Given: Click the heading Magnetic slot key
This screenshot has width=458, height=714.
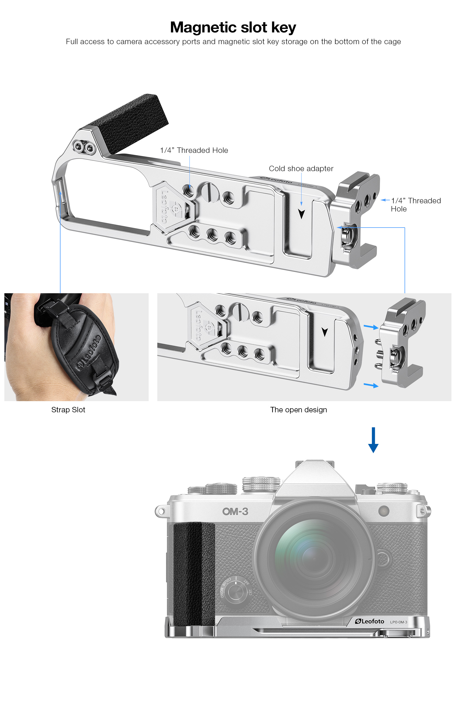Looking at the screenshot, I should click(x=233, y=27).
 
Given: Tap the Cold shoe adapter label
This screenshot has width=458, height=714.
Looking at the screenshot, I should click(x=301, y=168).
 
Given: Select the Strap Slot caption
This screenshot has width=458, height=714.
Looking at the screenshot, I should click(x=68, y=410).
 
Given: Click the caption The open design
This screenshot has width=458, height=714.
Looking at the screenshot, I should click(x=298, y=410).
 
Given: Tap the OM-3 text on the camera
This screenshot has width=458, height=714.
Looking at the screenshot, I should click(x=235, y=512).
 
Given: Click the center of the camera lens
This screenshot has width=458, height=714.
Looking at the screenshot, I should click(x=314, y=559).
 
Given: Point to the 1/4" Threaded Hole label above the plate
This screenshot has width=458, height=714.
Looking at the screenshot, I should click(x=194, y=150).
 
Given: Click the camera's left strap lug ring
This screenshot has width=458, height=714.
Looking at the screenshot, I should click(x=161, y=512).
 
